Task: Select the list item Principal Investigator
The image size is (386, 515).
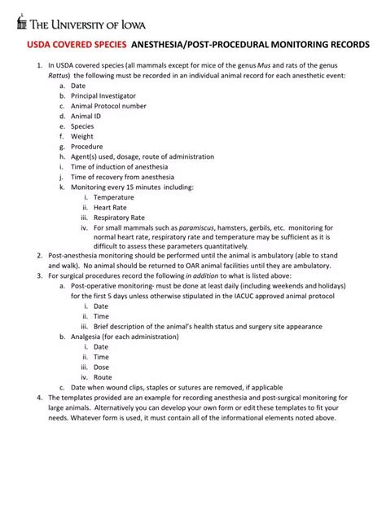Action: [x=103, y=95]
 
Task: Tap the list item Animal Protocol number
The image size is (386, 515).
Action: [x=108, y=106]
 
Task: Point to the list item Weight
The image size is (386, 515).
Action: [x=83, y=136]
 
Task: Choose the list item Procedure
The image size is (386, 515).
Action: [x=87, y=147]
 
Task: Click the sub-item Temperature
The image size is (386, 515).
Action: [x=113, y=197]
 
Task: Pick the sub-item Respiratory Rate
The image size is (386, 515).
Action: [x=119, y=218]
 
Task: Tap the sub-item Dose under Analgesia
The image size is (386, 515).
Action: [x=101, y=367]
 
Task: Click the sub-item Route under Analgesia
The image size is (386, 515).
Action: [x=103, y=377]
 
